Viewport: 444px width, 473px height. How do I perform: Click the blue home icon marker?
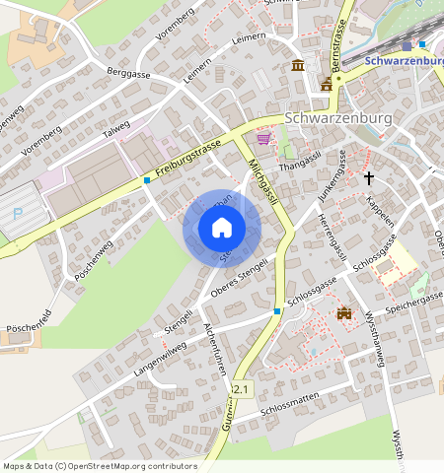click(x=222, y=228)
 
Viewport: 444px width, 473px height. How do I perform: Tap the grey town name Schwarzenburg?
click(x=338, y=116)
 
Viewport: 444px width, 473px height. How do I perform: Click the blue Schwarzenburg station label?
click(x=404, y=60)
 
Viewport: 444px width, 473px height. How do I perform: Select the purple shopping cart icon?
click(x=263, y=139)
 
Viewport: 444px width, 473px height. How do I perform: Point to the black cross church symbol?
click(x=369, y=178)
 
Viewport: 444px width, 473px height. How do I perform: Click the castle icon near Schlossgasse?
click(x=344, y=313)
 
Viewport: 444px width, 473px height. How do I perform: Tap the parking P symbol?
click(x=17, y=213)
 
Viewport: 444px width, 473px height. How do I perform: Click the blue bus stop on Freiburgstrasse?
click(x=147, y=179)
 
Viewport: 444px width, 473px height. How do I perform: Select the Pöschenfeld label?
click(x=29, y=325)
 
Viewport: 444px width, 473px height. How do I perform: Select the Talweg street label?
click(x=115, y=129)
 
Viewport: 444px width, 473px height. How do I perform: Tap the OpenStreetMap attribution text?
click(x=100, y=466)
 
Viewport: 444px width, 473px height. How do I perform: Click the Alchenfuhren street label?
click(x=216, y=349)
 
